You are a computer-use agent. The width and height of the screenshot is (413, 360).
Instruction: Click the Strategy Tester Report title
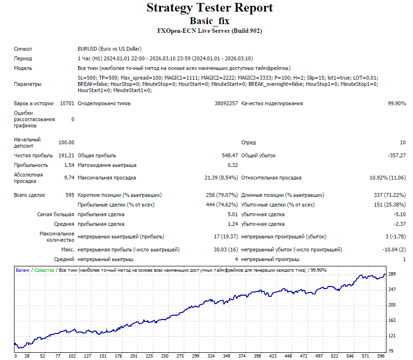pos(210,8)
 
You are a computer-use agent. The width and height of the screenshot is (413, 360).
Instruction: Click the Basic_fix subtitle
pos(210,21)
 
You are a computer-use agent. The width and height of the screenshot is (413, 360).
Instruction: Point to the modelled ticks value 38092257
pos(226,103)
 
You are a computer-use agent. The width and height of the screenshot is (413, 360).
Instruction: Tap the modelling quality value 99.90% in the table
pos(397,103)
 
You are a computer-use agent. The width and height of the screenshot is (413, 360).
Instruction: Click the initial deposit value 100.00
pos(66,142)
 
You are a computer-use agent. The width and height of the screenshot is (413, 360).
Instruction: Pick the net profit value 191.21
pos(66,155)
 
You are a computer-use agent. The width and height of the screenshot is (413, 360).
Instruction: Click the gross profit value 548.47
pos(230,155)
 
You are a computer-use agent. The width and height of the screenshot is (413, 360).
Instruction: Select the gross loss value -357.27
pos(397,155)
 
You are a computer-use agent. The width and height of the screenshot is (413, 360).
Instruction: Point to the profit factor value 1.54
pos(69,165)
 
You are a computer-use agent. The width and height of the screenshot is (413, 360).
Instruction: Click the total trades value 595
pos(70,195)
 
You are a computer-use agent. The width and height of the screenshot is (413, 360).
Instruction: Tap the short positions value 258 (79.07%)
pos(222,195)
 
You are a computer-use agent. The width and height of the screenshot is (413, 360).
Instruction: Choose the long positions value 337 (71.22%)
pos(390,195)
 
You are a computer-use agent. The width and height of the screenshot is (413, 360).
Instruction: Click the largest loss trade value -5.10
pos(399,214)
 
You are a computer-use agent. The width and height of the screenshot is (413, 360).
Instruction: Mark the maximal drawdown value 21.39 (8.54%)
pos(221,178)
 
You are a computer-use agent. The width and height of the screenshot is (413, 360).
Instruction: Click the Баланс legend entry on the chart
pos(23,270)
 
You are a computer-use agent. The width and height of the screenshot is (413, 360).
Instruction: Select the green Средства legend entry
pos(44,270)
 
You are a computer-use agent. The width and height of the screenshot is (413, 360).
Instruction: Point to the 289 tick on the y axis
pos(392,274)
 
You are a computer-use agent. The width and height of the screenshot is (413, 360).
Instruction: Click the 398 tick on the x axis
pos(257,356)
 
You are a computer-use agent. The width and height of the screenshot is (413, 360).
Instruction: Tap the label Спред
pos(248,142)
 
